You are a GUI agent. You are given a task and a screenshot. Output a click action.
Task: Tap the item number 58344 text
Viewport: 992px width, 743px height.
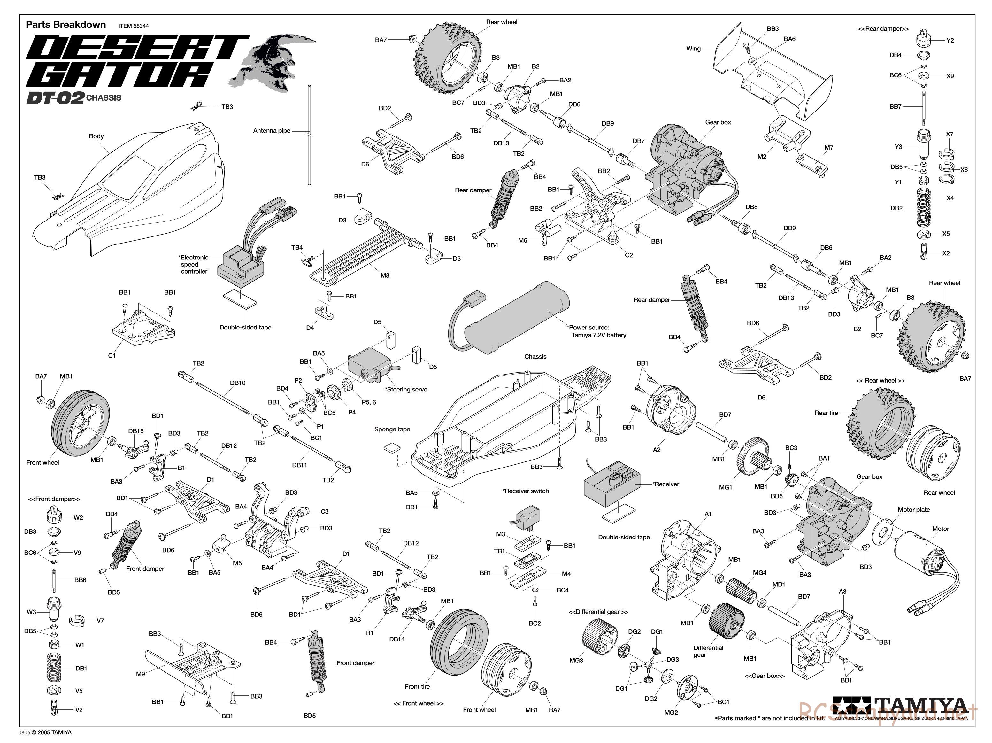coord(133,26)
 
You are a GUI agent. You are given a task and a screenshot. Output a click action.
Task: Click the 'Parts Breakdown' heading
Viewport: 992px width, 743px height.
coord(66,25)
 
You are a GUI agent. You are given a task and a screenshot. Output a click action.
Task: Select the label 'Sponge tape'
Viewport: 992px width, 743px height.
coord(392,430)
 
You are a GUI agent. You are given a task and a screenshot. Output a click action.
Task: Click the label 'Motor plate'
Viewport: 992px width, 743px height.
coord(913,510)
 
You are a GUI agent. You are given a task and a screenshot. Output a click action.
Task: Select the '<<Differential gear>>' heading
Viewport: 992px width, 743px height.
coord(598,612)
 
